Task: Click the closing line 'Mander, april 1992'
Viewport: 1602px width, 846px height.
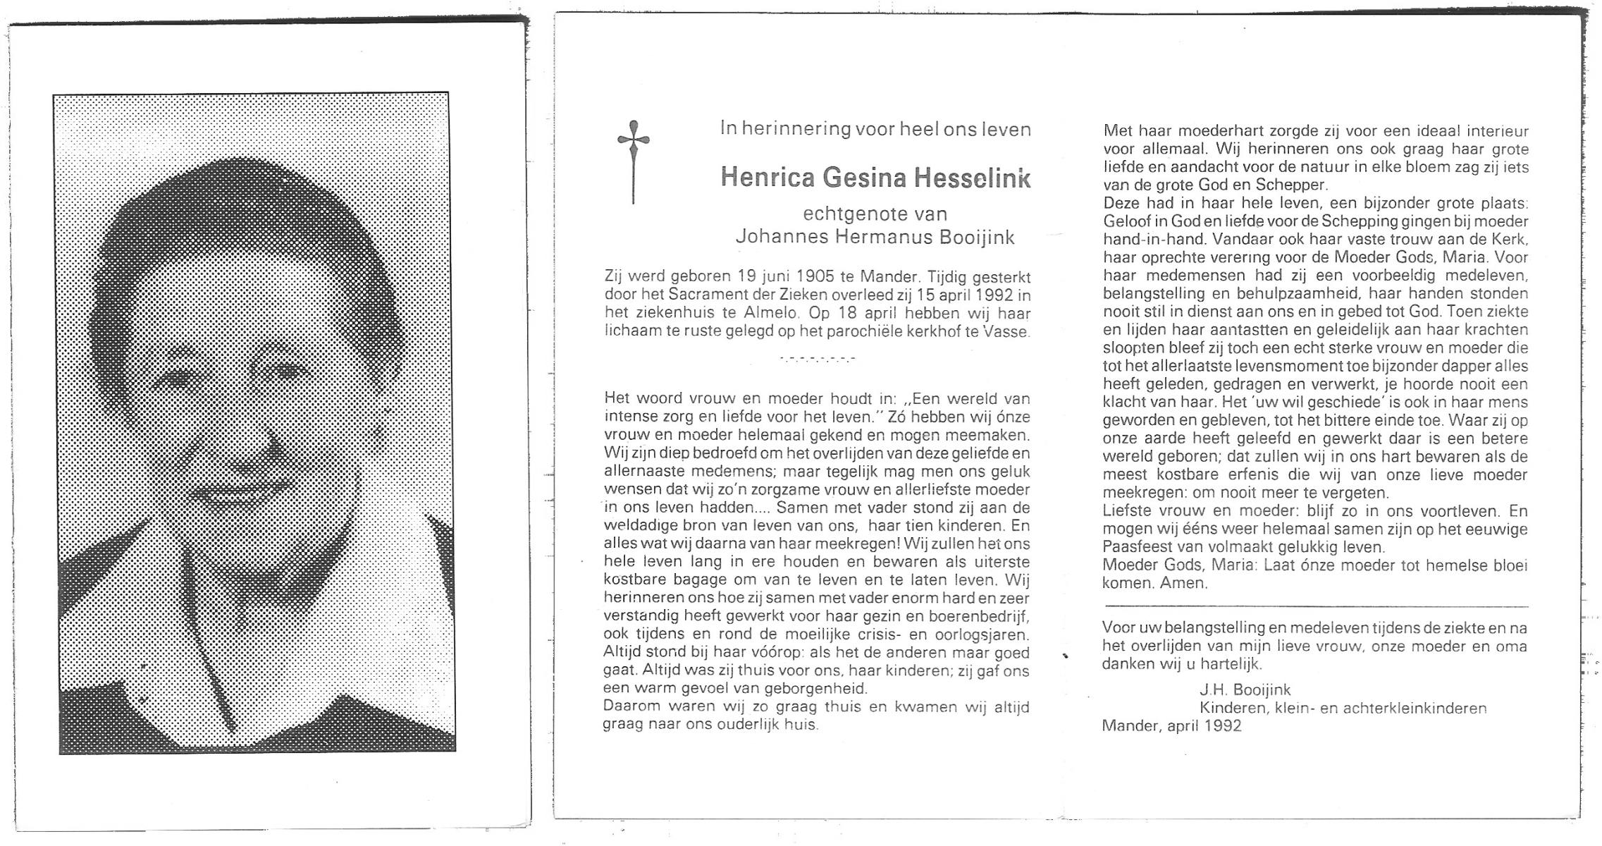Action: (x=1171, y=726)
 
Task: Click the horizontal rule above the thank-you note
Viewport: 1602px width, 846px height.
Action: (x=1315, y=606)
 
